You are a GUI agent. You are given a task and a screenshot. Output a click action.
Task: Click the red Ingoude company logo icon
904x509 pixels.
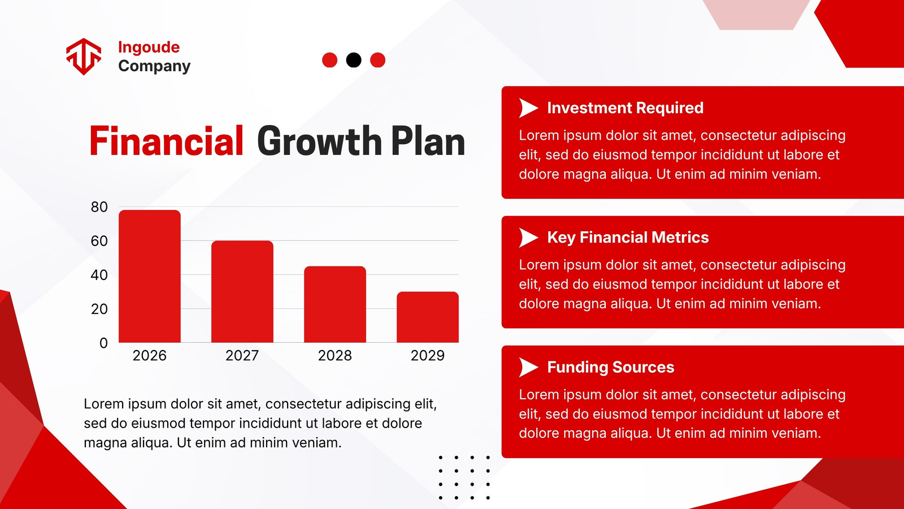pyautogui.click(x=84, y=57)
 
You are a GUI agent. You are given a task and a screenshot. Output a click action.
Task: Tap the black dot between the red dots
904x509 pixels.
pyautogui.click(x=354, y=60)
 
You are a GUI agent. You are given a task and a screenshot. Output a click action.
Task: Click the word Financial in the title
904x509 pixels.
pyautogui.click(x=166, y=141)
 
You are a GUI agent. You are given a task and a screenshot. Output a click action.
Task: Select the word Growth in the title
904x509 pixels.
pyautogui.click(x=319, y=141)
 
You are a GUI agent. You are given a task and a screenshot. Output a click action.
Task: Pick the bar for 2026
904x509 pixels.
pyautogui.click(x=150, y=277)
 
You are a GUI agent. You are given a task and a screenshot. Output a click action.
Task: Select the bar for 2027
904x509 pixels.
pyautogui.click(x=242, y=292)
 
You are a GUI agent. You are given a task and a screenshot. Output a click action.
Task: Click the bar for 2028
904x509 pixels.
pyautogui.click(x=335, y=305)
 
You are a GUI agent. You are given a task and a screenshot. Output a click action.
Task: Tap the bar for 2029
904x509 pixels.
pyautogui.click(x=428, y=317)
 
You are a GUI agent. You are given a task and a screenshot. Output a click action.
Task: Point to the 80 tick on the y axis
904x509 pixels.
pyautogui.click(x=99, y=207)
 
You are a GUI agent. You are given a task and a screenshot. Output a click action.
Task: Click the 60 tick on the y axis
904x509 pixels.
pyautogui.click(x=99, y=241)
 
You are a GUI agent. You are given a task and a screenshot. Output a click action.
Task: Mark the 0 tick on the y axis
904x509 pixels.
pyautogui.click(x=104, y=343)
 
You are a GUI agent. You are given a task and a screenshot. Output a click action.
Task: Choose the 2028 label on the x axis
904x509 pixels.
pyautogui.click(x=335, y=356)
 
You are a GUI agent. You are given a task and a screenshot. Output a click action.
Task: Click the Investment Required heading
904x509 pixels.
pyautogui.click(x=625, y=108)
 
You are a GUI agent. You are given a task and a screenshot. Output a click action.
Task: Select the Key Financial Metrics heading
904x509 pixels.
pyautogui.click(x=628, y=238)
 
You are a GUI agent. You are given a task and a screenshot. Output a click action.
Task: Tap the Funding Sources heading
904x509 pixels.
pyautogui.click(x=611, y=367)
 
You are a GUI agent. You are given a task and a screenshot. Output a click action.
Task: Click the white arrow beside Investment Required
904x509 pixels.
pyautogui.click(x=527, y=108)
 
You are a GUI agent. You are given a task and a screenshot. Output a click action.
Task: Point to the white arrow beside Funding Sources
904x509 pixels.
pyautogui.click(x=527, y=367)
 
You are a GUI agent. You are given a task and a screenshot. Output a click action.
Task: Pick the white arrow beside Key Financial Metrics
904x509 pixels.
pyautogui.click(x=527, y=238)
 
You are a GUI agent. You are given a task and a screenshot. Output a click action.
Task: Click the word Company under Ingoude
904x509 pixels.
pyautogui.click(x=154, y=66)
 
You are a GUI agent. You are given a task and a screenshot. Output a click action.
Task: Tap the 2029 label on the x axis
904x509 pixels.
pyautogui.click(x=428, y=356)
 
